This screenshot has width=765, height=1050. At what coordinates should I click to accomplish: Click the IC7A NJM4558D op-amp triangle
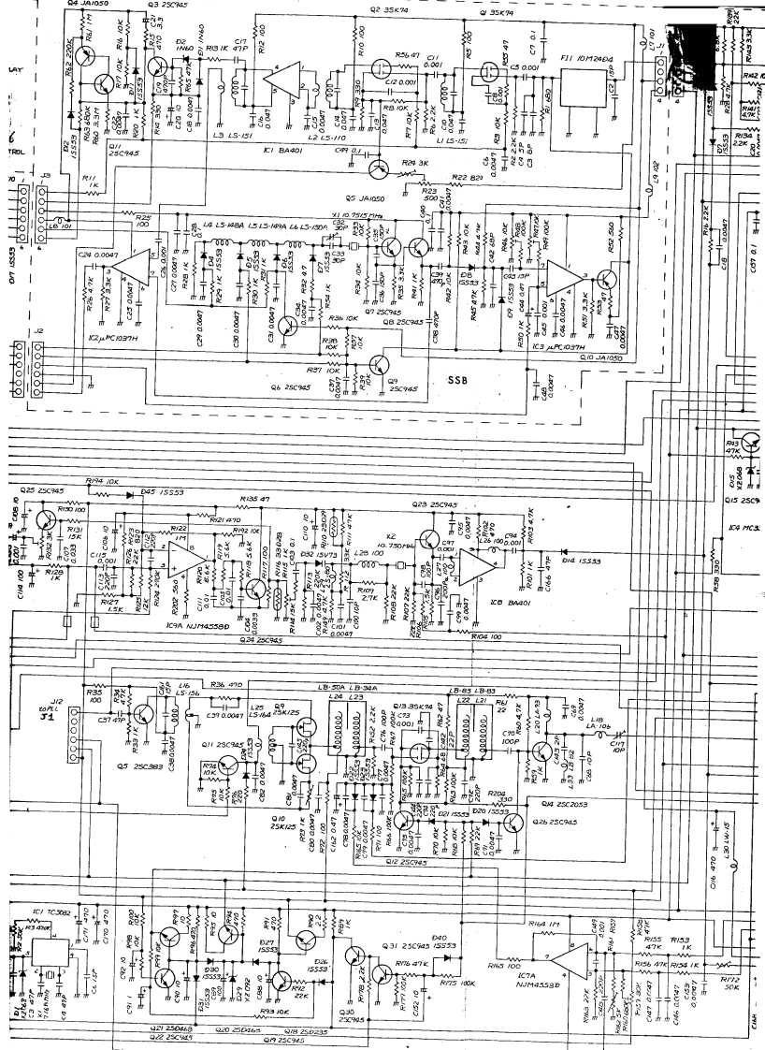point(567,965)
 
